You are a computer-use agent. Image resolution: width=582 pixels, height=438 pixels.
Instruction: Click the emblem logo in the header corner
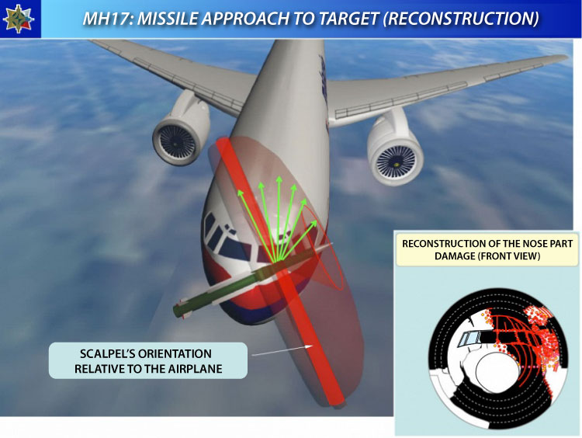[19, 19]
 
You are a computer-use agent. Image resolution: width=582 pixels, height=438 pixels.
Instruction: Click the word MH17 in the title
[106, 19]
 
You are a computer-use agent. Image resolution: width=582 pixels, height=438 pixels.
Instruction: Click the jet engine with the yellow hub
[395, 151]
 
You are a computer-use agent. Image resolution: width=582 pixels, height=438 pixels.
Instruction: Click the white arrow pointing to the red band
[282, 351]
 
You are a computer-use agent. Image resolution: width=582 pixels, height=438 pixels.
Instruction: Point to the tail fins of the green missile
[182, 309]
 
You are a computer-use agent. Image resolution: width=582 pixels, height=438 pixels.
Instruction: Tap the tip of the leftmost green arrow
[239, 190]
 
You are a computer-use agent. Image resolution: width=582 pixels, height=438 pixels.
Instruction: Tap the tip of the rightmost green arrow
[317, 221]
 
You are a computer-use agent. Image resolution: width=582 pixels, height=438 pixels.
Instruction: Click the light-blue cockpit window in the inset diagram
[469, 339]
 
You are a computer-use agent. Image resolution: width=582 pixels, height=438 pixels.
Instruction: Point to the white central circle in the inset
[497, 372]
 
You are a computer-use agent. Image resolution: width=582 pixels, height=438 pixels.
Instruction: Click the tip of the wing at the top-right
[566, 57]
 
